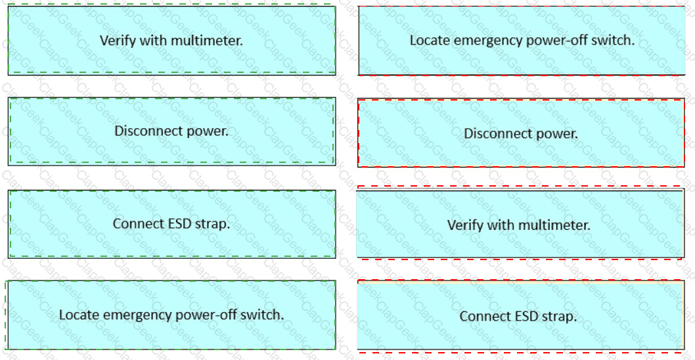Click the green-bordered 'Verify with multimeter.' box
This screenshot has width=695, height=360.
171,40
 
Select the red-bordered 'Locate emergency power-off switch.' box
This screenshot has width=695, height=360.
522,40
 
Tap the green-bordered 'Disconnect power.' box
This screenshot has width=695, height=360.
171,131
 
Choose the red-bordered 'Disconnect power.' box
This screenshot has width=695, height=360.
522,133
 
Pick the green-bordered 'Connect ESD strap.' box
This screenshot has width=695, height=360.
171,224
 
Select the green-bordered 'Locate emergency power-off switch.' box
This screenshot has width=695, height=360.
171,315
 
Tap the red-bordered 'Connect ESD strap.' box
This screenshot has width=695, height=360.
520,316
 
